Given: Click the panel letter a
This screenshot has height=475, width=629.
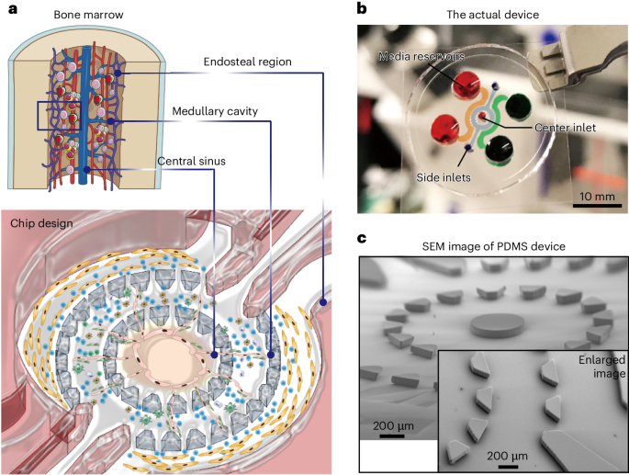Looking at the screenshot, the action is pos(13,9).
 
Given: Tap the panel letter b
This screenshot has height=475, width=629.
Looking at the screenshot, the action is pos(362,8).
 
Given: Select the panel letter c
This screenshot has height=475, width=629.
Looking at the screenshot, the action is pos(362,239).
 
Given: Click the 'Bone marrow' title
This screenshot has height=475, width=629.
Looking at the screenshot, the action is pos(89,15).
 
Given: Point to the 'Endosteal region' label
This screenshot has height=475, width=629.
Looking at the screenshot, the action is pos(248,62).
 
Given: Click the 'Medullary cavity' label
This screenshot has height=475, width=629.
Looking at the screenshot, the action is pos(215,111).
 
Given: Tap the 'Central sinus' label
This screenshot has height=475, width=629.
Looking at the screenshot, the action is pos(191,161).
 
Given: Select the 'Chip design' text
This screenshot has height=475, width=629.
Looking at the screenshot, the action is pos(41,223).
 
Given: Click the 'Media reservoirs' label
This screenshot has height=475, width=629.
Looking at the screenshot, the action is pos(421,56).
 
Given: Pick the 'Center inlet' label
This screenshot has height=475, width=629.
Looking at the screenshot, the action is pos(566,128).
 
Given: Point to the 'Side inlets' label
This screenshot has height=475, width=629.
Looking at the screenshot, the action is pos(444,177).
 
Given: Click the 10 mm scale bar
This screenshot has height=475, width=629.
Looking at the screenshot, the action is pos(597,206).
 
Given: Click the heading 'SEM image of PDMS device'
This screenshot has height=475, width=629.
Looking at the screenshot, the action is pos(494,246).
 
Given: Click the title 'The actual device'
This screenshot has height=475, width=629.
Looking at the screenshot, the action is pos(492,15).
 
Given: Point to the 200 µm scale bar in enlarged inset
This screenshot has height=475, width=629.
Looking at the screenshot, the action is pos(508,467).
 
